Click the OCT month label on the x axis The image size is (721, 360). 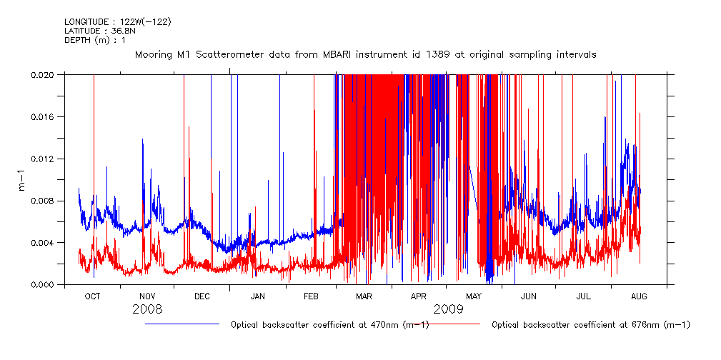click(93, 296)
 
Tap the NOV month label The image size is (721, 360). click(147, 296)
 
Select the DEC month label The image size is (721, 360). click(202, 296)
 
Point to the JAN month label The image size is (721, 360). click(258, 296)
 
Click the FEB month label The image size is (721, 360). click(311, 296)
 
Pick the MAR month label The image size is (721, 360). click(364, 296)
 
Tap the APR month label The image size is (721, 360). click(419, 296)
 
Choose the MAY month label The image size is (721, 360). click(474, 296)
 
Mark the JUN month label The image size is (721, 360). click(529, 296)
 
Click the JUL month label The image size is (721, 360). click(583, 296)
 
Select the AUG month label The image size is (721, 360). click(639, 296)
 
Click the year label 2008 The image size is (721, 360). click(147, 309)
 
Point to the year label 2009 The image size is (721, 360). click(448, 309)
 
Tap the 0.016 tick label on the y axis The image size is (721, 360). click(46, 116)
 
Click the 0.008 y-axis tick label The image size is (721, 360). click(46, 201)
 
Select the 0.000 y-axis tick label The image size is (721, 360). click(46, 285)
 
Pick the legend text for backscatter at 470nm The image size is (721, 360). click(329, 325)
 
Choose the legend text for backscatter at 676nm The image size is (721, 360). click(591, 325)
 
